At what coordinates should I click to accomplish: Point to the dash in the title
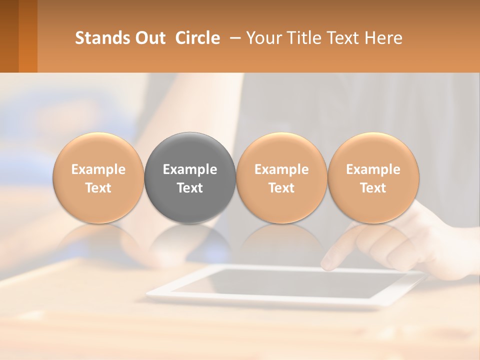click(233, 37)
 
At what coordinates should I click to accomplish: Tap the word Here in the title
click(383, 38)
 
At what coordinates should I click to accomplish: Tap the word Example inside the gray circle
click(190, 169)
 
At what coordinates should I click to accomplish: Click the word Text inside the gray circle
click(190, 188)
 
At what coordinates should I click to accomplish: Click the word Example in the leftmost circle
click(98, 169)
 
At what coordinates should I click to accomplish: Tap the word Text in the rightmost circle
click(373, 188)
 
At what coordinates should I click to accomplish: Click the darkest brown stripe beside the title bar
click(9, 36)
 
